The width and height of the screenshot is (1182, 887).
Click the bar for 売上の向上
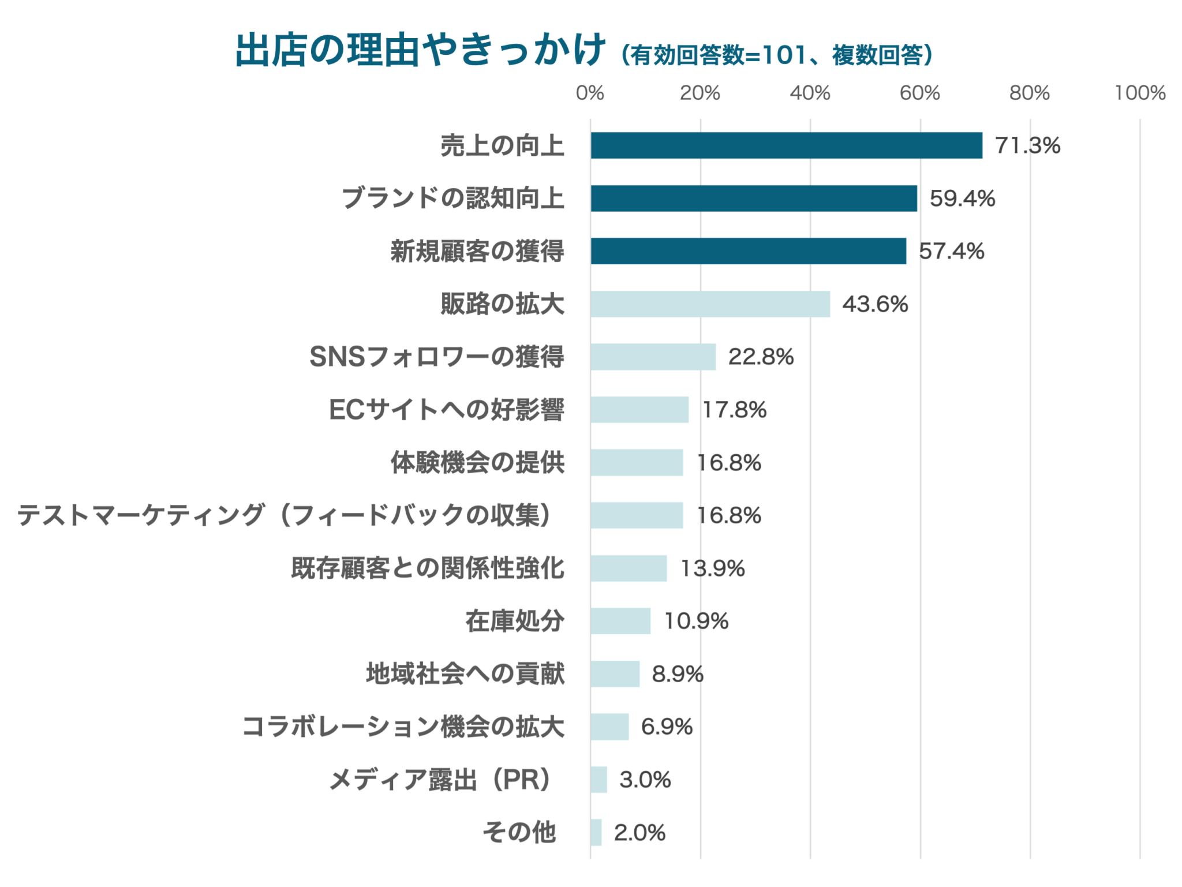coord(786,145)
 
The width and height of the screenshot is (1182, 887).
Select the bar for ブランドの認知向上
coord(753,199)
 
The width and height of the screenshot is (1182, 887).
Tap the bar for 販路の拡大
coord(710,304)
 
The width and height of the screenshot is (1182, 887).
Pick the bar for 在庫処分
coord(620,621)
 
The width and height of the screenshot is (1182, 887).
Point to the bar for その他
coord(596,832)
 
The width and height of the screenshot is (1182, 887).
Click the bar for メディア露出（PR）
coord(599,780)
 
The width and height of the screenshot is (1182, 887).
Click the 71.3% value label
coord(1027,145)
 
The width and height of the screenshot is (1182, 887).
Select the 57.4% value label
coord(951,251)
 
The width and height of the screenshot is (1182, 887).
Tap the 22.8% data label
coord(761,357)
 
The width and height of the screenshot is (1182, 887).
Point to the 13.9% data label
coord(712,568)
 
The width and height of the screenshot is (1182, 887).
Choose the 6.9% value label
coord(667,727)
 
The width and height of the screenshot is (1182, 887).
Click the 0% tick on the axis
coord(590,93)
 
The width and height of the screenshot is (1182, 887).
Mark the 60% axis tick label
coord(919,93)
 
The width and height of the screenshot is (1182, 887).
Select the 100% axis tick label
coord(1139,93)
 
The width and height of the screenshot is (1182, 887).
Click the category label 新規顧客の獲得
coord(477,251)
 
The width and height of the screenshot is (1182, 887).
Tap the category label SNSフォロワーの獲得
coord(437,357)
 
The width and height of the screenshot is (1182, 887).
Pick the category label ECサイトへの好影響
coord(447,410)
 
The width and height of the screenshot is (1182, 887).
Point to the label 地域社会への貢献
coord(465,673)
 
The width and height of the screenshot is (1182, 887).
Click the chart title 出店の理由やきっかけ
coord(420,51)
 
